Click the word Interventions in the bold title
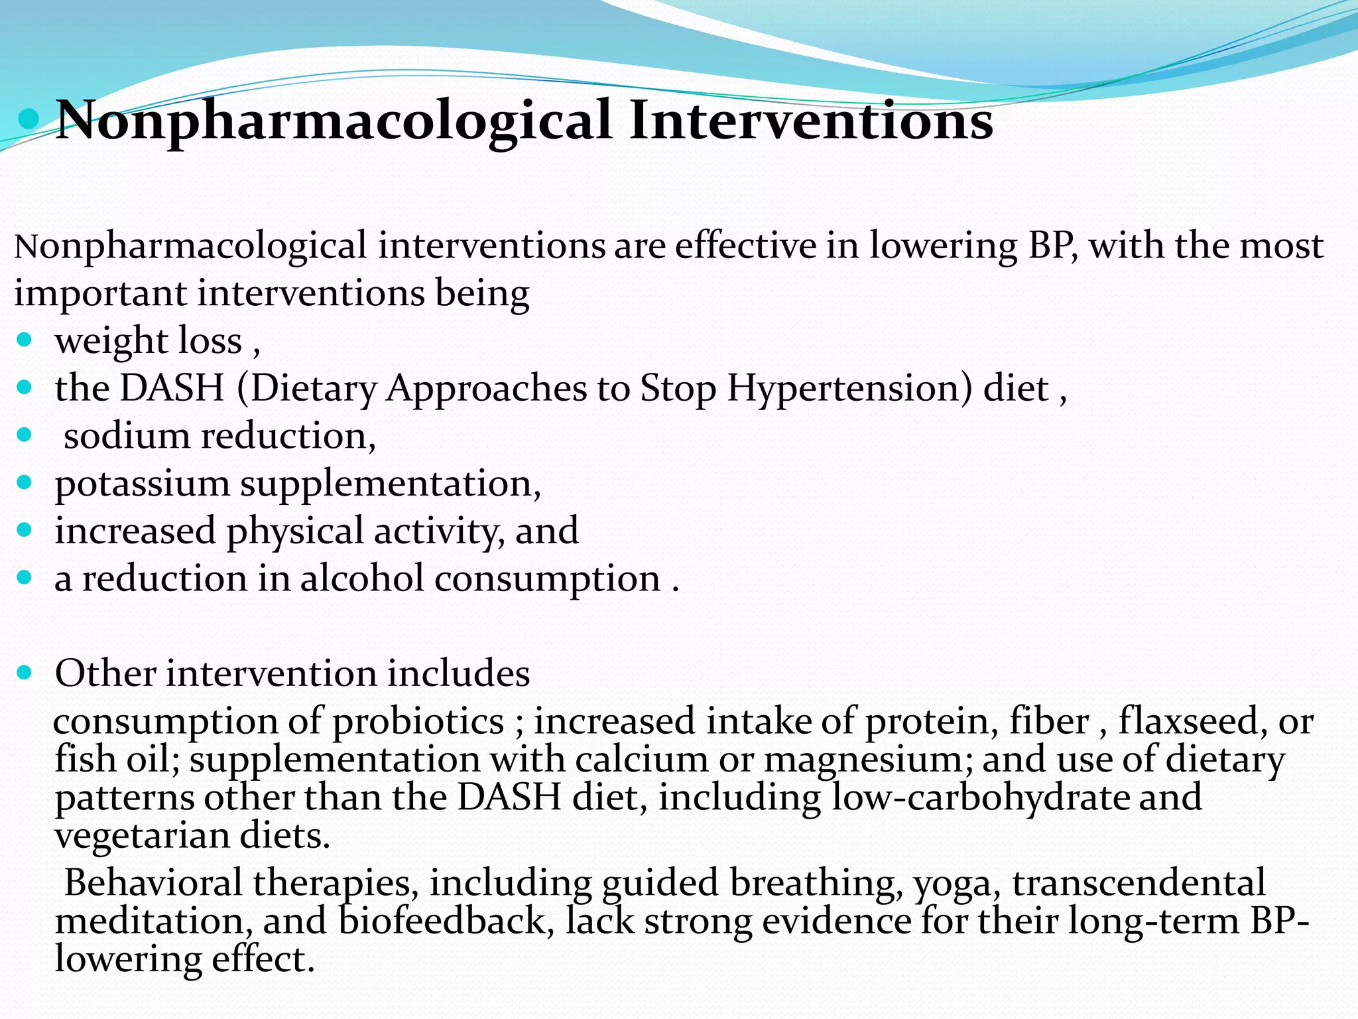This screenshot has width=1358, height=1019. click(810, 121)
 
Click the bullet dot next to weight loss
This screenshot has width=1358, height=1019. click(25, 340)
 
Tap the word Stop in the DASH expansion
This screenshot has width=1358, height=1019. click(678, 389)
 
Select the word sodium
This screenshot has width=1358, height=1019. click(127, 436)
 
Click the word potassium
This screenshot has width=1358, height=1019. click(142, 484)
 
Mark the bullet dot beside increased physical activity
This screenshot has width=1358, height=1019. click(25, 530)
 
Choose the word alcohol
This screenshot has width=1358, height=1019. click(362, 578)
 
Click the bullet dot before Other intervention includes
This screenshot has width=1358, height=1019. click(25, 673)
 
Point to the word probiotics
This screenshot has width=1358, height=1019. click(418, 722)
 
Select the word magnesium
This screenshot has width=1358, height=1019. click(868, 760)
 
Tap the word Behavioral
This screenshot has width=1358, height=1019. click(153, 884)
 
